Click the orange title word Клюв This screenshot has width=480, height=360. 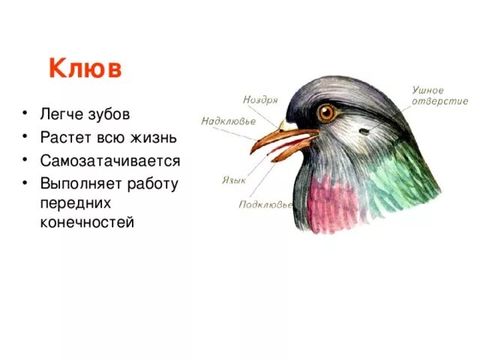pyautogui.click(x=85, y=68)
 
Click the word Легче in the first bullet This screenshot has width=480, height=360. pyautogui.click(x=62, y=115)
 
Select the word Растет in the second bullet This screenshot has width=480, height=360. pyautogui.click(x=65, y=138)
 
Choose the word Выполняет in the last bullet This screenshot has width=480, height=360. pyautogui.click(x=77, y=184)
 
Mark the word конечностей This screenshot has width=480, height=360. pyautogui.click(x=87, y=223)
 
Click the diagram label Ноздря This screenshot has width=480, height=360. pyautogui.click(x=260, y=100)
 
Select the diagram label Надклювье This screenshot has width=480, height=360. pyautogui.click(x=228, y=121)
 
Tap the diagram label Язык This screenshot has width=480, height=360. pyautogui.click(x=234, y=180)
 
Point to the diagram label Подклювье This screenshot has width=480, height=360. pyautogui.click(x=264, y=204)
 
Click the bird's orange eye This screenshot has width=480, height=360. pyautogui.click(x=326, y=113)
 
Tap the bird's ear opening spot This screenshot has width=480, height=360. pyautogui.click(x=364, y=130)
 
